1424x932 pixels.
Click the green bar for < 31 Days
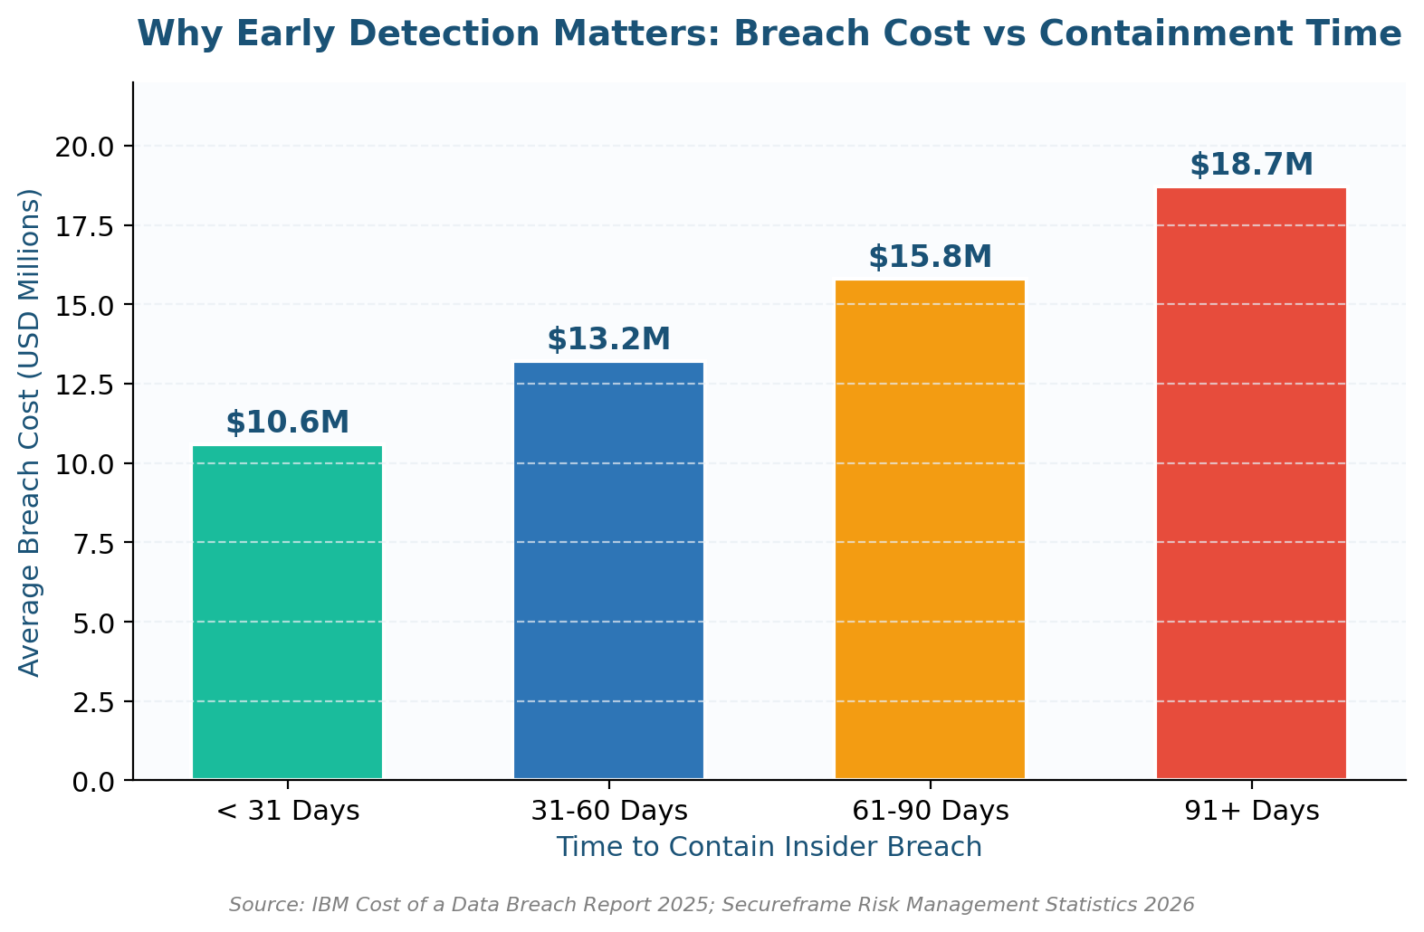click(x=287, y=613)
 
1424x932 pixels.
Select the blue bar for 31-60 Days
click(x=609, y=570)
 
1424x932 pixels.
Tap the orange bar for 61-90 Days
click(x=930, y=530)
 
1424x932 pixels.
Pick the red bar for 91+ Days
click(x=1251, y=483)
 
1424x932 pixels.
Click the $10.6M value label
click(x=287, y=423)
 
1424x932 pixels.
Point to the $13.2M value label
click(x=609, y=339)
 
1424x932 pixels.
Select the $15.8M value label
click(x=930, y=257)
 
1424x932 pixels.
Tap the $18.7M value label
click(x=1251, y=165)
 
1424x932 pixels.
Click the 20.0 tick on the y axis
click(x=84, y=147)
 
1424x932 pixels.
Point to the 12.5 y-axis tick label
click(x=84, y=385)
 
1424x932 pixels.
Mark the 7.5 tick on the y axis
click(x=93, y=544)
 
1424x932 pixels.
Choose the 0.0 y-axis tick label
click(x=93, y=782)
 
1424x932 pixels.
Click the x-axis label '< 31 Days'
click(x=288, y=812)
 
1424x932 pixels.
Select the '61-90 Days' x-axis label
click(x=930, y=812)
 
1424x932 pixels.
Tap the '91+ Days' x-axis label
click(x=1252, y=812)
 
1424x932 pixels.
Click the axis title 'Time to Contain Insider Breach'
click(x=769, y=847)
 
